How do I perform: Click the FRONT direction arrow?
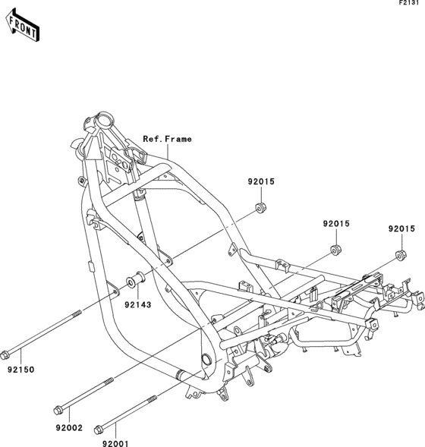(x=22, y=25)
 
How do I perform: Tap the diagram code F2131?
(x=409, y=3)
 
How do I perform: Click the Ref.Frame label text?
(x=167, y=139)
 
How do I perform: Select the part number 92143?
(x=137, y=305)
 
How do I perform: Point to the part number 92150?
(x=20, y=370)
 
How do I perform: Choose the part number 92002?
(x=69, y=428)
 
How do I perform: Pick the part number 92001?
(x=115, y=443)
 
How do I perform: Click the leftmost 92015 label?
(x=261, y=181)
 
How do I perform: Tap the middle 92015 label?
(x=336, y=224)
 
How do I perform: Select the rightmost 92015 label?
(x=401, y=228)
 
